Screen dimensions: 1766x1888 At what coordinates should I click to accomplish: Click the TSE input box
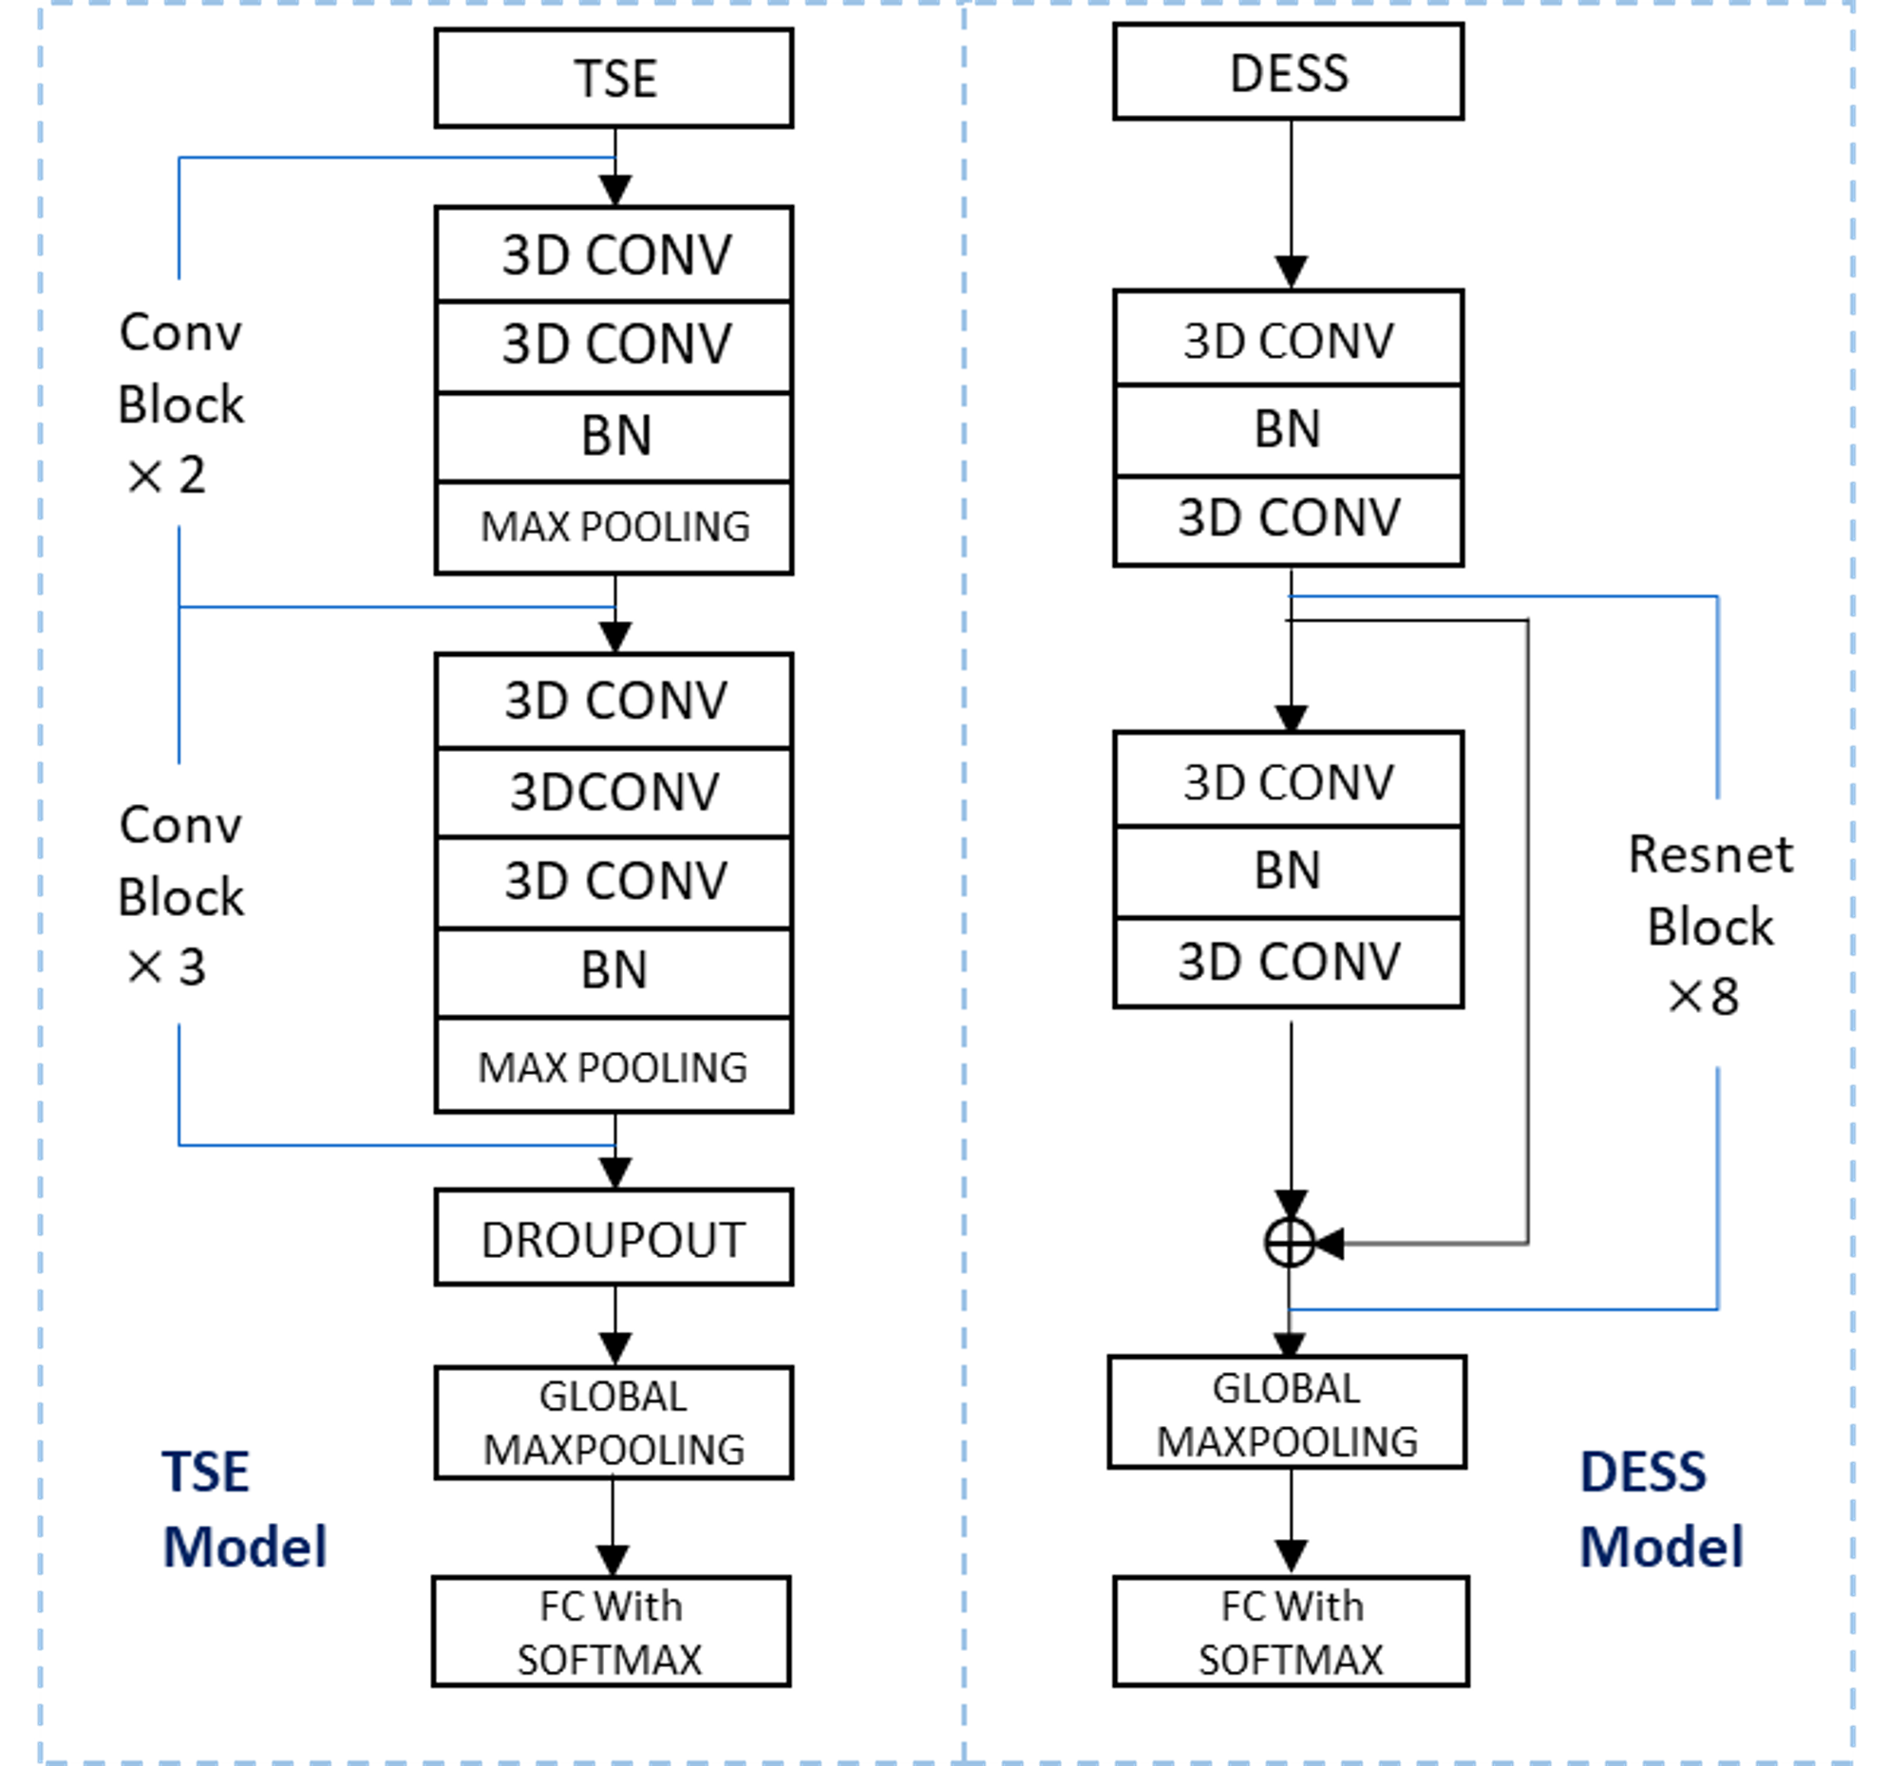click(x=614, y=78)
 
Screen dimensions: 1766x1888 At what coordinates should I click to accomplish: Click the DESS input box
click(x=1288, y=72)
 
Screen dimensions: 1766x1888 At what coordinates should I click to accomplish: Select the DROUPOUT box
click(x=614, y=1238)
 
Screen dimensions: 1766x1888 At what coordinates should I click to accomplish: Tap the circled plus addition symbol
click(x=1289, y=1243)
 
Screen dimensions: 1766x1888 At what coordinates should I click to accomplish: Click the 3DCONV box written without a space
click(x=614, y=792)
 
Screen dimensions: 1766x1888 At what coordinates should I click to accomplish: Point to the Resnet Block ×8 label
click(x=1709, y=926)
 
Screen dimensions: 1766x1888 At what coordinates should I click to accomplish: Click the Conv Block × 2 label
click(x=180, y=404)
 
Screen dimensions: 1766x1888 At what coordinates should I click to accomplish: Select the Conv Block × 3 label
click(x=180, y=896)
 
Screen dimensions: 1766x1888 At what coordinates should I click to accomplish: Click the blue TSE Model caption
click(x=244, y=1509)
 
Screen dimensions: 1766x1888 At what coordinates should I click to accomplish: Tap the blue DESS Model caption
click(x=1661, y=1509)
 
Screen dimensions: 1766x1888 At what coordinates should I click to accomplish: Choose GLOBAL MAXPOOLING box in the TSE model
click(x=614, y=1422)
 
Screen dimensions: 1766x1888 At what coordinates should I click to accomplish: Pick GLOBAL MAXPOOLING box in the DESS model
click(x=1287, y=1414)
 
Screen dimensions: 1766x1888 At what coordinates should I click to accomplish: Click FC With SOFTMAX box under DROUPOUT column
click(x=611, y=1632)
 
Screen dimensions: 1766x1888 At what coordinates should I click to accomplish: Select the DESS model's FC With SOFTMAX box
click(x=1291, y=1632)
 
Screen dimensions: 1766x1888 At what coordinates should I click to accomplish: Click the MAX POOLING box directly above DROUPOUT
click(x=614, y=1066)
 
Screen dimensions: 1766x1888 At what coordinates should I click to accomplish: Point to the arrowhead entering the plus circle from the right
click(x=1330, y=1243)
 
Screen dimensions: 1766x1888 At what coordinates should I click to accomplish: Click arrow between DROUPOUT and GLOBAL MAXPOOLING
click(x=615, y=1325)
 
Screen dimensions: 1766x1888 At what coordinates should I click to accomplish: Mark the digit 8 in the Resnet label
click(x=1724, y=997)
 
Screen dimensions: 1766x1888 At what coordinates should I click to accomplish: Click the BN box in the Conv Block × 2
click(x=614, y=436)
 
